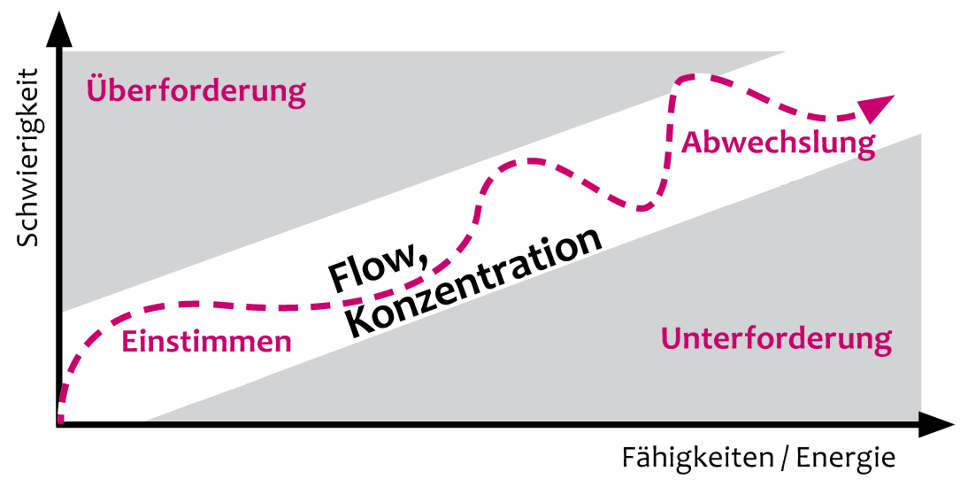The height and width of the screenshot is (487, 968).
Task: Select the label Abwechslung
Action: click(778, 143)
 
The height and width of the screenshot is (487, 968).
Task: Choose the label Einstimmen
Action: click(206, 342)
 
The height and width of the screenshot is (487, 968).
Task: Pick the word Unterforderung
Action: click(776, 338)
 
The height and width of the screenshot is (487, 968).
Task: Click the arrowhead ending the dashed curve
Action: click(879, 107)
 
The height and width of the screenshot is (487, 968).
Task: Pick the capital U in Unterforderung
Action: click(671, 337)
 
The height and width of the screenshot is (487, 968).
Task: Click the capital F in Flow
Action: click(340, 277)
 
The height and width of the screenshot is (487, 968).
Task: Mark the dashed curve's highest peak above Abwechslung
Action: click(685, 78)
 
